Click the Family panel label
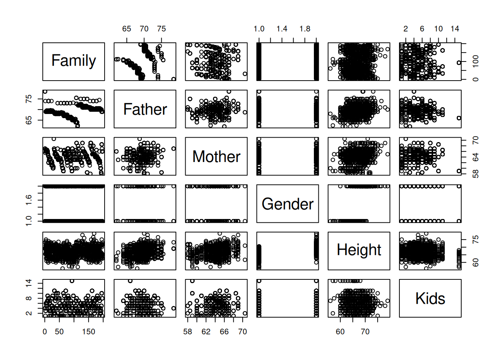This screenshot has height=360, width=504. tap(73, 61)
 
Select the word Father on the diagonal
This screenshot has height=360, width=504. tap(145, 109)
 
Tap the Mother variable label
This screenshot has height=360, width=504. tap(216, 156)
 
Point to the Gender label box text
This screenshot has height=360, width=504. tap(287, 204)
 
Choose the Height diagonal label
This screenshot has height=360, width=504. tap(359, 250)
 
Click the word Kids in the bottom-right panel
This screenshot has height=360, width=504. tap(430, 298)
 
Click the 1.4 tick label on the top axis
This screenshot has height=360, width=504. tap(282, 29)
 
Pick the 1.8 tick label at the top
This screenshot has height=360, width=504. tap(305, 29)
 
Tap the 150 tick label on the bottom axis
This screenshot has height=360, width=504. tap(88, 331)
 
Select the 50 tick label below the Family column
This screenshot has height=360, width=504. tap(59, 331)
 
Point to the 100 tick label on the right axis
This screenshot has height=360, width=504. tap(475, 61)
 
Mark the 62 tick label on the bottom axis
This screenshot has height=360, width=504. tap(206, 331)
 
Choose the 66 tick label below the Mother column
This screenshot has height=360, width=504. tap(224, 331)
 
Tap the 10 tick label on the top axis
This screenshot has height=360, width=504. tap(438, 29)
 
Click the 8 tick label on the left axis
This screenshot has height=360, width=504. tap(29, 298)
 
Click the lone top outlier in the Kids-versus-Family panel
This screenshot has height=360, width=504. tap(72, 281)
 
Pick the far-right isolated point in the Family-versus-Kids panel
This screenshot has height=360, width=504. tap(459, 63)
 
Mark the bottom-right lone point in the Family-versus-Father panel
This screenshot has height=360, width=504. tap(173, 79)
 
